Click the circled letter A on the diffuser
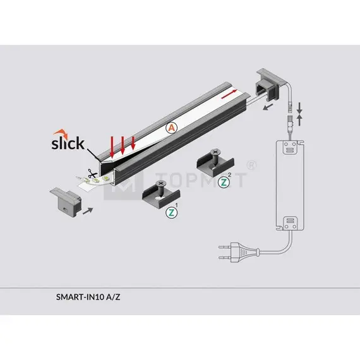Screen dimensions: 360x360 pos(172,128)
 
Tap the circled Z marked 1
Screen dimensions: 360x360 pos(172,213)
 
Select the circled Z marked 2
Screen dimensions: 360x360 pos(224,183)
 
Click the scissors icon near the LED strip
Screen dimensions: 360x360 pos(92,174)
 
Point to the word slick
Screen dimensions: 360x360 pos(68,143)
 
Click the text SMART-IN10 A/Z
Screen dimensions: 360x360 pos(88,297)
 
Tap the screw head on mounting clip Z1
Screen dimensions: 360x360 pos(161,184)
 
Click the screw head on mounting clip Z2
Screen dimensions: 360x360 pos(215,152)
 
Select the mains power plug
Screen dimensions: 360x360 pos(239,253)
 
